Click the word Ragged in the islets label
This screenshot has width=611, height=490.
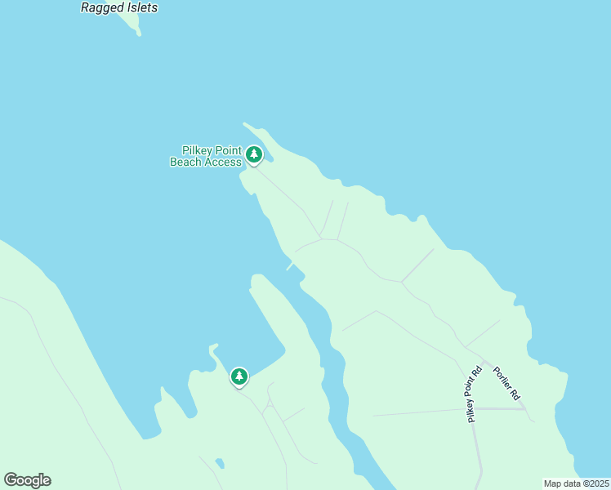click(100, 7)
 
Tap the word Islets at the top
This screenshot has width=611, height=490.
click(139, 7)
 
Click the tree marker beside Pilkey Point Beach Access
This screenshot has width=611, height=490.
click(254, 154)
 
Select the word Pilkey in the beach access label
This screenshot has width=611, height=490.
click(197, 151)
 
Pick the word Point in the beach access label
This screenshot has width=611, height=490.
click(229, 151)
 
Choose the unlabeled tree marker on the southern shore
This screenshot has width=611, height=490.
click(239, 376)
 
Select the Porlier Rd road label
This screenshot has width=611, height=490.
click(506, 383)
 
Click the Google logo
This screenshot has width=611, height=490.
click(28, 480)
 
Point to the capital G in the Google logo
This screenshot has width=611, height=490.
click(11, 480)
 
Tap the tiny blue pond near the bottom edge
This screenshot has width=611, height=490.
click(220, 464)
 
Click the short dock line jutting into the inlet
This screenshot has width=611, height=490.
click(290, 266)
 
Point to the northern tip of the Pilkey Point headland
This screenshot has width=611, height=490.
click(244, 124)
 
